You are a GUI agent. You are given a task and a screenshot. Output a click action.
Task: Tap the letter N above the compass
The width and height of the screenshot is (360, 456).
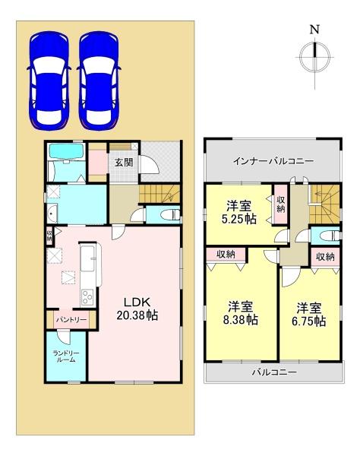pos(314,30)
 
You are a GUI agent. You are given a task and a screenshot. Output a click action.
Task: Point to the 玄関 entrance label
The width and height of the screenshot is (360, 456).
pos(124,161)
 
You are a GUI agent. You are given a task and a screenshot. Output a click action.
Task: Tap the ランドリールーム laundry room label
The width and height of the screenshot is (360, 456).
pos(64,356)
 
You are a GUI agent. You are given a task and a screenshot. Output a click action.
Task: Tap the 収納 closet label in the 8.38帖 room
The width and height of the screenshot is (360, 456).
pos(226,255)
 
